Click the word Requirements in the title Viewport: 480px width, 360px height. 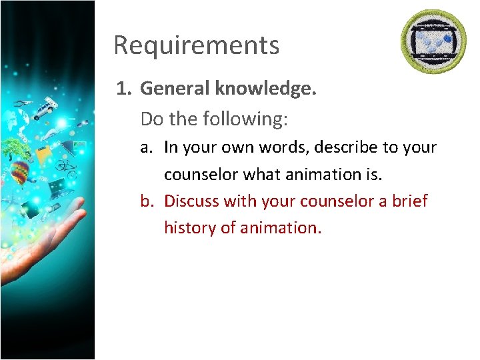[196, 45]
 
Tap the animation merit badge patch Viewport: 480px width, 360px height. [433, 42]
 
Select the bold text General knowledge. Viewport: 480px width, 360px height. [229, 89]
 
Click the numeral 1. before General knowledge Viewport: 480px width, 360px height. [125, 89]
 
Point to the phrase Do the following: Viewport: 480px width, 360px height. [214, 119]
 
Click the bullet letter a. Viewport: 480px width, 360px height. [147, 147]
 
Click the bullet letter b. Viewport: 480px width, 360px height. [147, 201]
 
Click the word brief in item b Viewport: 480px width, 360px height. [408, 201]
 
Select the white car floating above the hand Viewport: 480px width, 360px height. [45, 109]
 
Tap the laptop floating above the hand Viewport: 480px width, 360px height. [57, 186]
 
